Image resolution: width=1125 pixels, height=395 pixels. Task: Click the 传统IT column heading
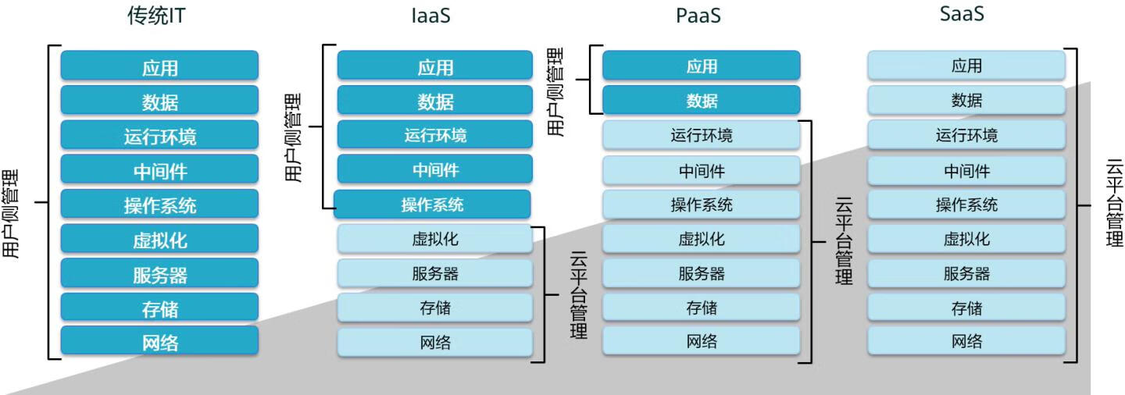pos(156,16)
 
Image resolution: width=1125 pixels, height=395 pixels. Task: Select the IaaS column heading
pos(431,16)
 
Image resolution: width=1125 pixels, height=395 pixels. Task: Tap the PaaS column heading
pos(697,16)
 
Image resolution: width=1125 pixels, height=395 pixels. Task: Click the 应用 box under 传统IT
pos(159,66)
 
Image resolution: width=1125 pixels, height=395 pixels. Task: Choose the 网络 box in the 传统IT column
pos(159,341)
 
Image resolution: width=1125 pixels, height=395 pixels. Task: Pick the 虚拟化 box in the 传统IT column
pos(159,239)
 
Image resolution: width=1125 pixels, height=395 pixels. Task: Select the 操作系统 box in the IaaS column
pos(432,205)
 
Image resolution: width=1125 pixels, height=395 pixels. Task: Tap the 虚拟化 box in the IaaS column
pos(435,239)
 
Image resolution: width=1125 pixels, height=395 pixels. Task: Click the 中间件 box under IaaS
pos(435,169)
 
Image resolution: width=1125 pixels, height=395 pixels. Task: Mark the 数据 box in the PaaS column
pos(702,101)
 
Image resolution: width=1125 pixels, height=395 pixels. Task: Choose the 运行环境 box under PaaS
pos(702,135)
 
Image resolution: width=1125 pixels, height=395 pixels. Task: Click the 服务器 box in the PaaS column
pos(702,273)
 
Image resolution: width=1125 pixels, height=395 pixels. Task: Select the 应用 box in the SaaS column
pos(966,66)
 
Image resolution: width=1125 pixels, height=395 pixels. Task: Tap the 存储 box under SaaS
pos(966,308)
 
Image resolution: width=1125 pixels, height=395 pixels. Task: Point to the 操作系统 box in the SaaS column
pos(966,205)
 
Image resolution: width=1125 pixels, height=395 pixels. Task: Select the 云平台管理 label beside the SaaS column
pos(1113,205)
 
